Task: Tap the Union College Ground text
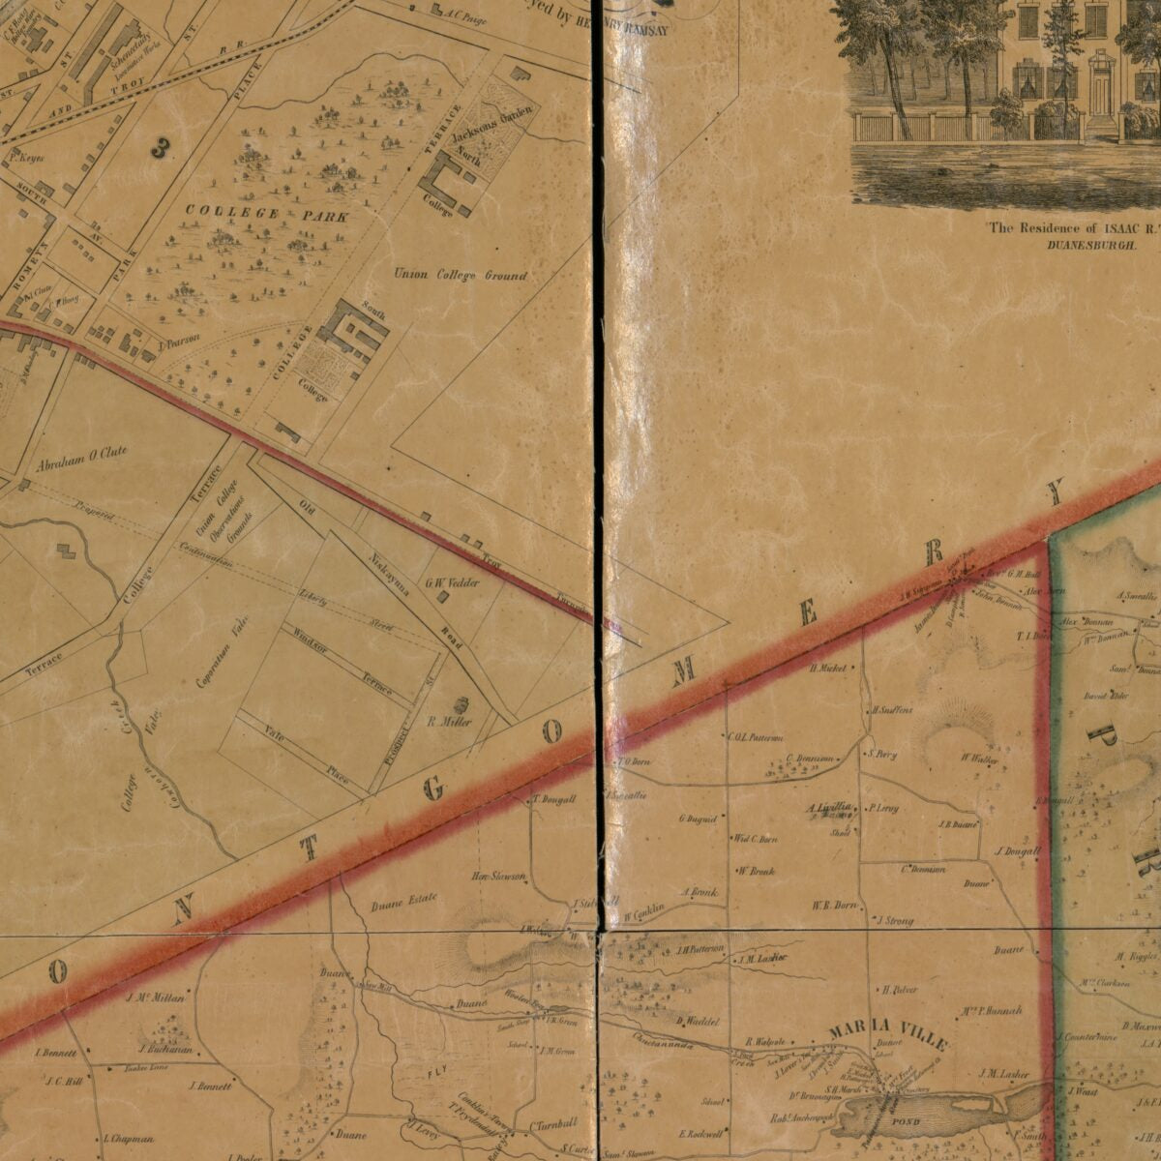(460, 276)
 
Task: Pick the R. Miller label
(448, 722)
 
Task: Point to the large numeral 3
(161, 147)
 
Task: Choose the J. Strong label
(895, 921)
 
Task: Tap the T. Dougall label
(554, 800)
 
